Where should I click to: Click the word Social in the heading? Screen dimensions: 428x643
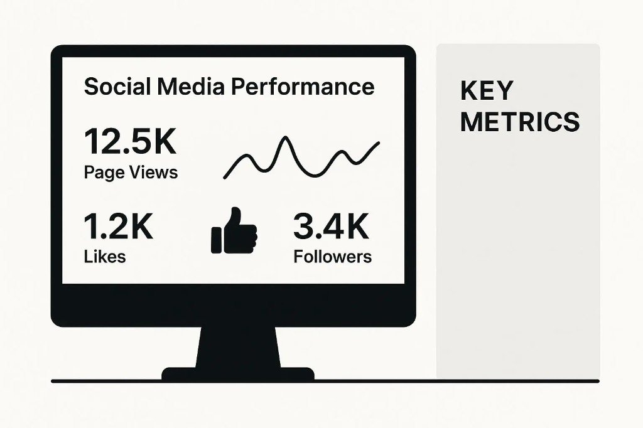[112, 87]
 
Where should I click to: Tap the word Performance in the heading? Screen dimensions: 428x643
[302, 87]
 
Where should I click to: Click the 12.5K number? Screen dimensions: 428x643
[130, 142]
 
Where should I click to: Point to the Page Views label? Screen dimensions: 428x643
[131, 172]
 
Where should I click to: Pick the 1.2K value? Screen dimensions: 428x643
[118, 227]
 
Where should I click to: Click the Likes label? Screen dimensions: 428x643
[104, 256]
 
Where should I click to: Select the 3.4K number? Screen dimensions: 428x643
[331, 227]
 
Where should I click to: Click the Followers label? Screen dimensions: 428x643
[332, 256]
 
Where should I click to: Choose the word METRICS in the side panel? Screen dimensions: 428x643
[520, 122]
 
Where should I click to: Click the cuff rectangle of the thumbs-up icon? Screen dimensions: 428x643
[217, 238]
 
